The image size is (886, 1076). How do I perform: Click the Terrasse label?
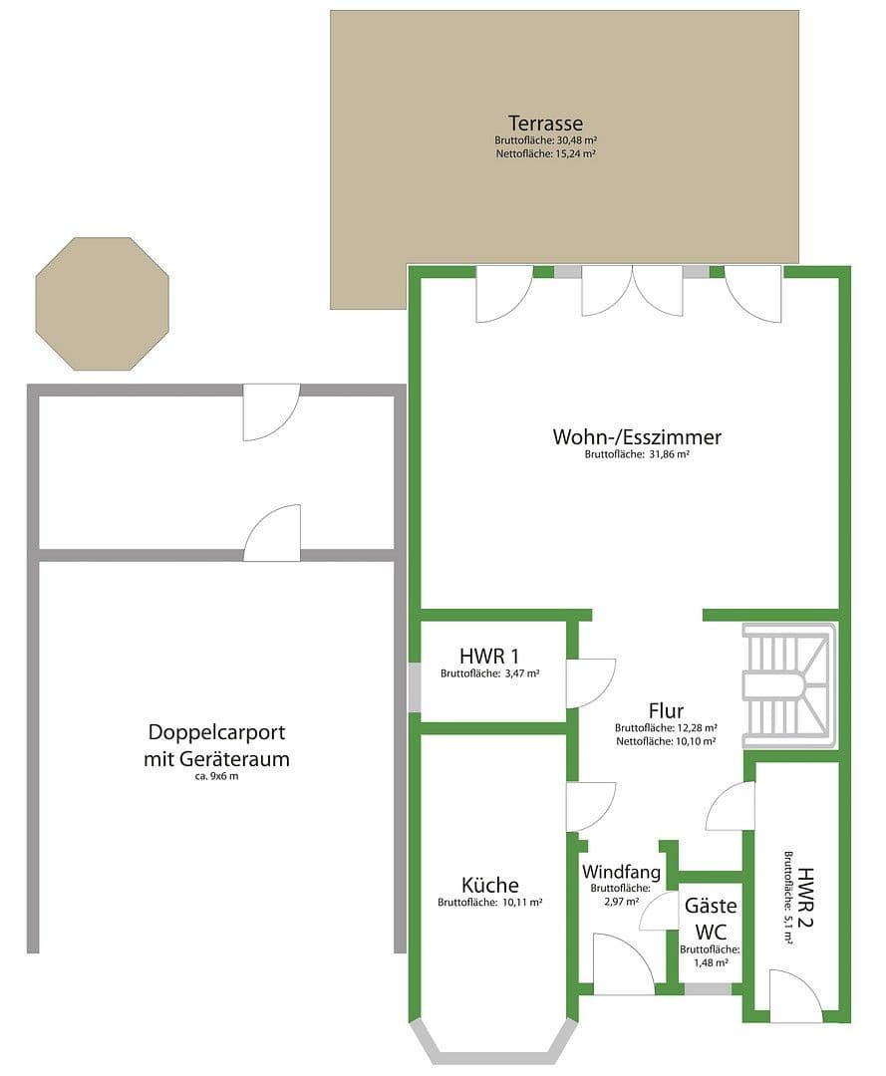click(545, 124)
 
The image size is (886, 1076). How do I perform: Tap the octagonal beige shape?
click(102, 304)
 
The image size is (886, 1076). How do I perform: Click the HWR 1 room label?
click(489, 657)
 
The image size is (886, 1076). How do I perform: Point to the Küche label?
click(489, 885)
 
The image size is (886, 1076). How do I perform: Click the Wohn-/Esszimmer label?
click(637, 436)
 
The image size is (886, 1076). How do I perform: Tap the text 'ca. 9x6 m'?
click(216, 775)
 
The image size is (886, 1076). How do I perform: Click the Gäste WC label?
click(710, 918)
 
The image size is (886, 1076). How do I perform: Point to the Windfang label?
click(620, 871)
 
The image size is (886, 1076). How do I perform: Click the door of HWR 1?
click(590, 683)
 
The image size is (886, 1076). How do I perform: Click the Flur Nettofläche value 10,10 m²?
click(667, 740)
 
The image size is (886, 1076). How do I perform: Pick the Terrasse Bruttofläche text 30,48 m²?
click(545, 141)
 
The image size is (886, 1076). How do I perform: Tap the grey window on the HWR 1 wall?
click(415, 686)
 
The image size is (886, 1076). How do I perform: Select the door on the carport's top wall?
click(271, 410)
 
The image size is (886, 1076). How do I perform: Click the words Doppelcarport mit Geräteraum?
click(216, 745)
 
